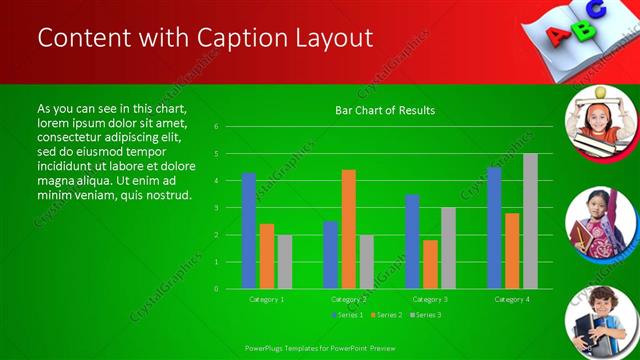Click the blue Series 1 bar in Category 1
pyautogui.click(x=248, y=231)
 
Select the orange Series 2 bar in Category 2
pyautogui.click(x=348, y=229)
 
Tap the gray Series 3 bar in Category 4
pyautogui.click(x=530, y=221)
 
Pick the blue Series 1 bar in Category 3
pyautogui.click(x=412, y=241)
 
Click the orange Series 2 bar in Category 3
pyautogui.click(x=430, y=264)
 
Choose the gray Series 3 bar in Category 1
pyautogui.click(x=285, y=261)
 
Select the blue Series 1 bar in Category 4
pyautogui.click(x=494, y=228)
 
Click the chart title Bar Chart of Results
pyautogui.click(x=385, y=110)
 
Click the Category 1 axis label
pyautogui.click(x=267, y=299)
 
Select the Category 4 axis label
pyautogui.click(x=512, y=299)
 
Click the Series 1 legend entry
pyautogui.click(x=347, y=315)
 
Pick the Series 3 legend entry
pyautogui.click(x=425, y=315)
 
